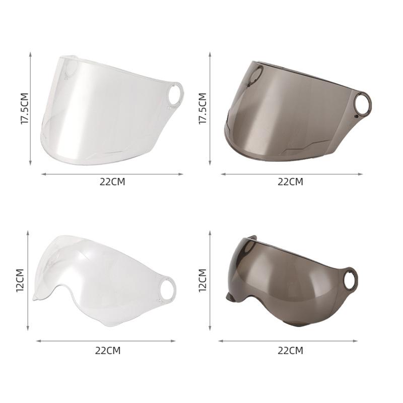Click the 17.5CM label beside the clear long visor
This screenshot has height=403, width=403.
click(25, 108)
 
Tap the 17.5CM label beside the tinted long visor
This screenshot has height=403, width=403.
click(203, 108)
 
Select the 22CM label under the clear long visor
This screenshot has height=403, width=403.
click(112, 182)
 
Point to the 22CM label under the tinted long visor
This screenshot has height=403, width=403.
click(291, 182)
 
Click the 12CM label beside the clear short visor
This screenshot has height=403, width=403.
click(20, 280)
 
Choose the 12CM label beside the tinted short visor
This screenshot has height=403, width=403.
click(203, 280)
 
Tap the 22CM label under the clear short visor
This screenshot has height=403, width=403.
click(108, 351)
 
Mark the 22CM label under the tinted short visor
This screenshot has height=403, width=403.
click(291, 351)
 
